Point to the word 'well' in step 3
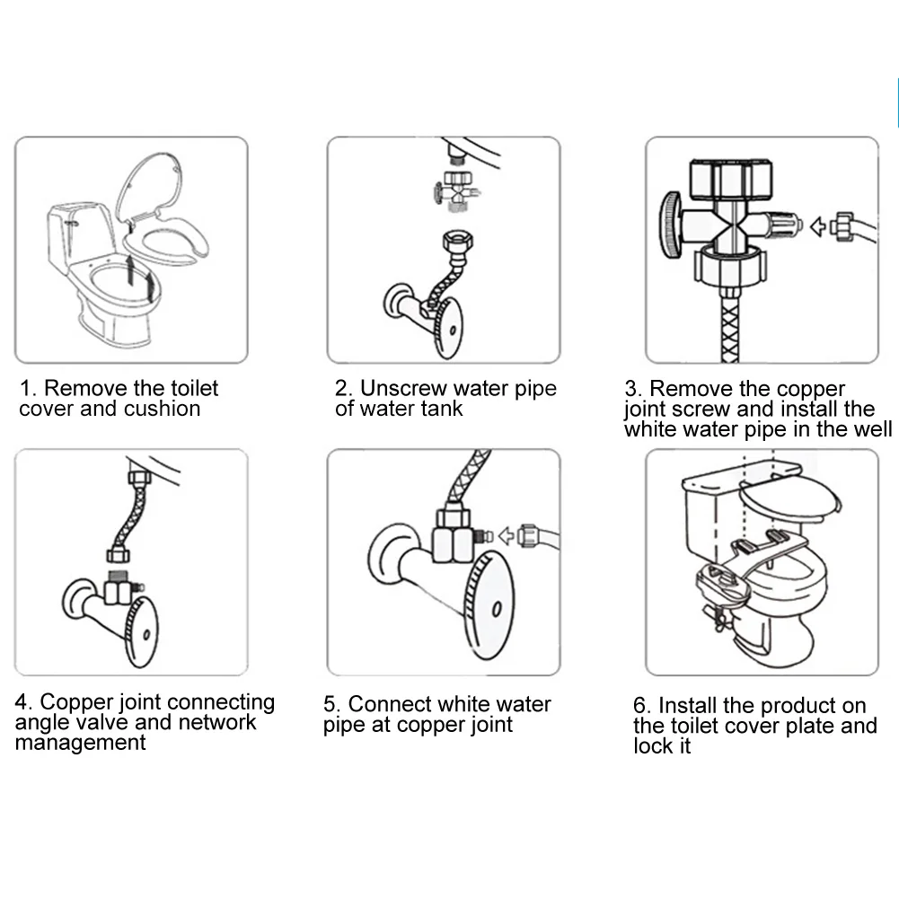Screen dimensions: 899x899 [x=871, y=429]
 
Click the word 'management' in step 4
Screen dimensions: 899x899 [x=80, y=744]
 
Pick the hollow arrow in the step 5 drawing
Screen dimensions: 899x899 [x=508, y=536]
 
